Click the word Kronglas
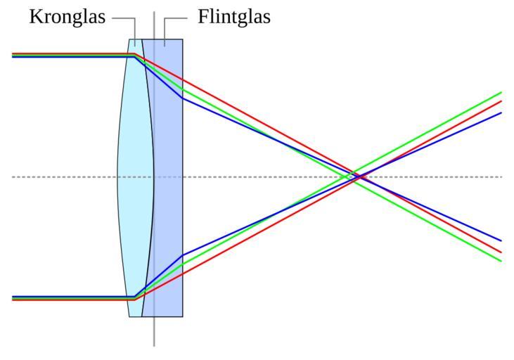click(x=68, y=17)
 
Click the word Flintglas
click(x=234, y=17)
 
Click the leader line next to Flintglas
click(x=176, y=18)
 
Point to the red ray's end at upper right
click(x=501, y=101)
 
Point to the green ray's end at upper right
click(x=501, y=92)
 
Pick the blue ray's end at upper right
click(x=501, y=112)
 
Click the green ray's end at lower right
click(x=501, y=261)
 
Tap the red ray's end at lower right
click(x=501, y=252)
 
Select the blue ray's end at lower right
click(x=501, y=240)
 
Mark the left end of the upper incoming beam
click(x=13, y=54)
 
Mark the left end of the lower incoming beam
click(x=13, y=298)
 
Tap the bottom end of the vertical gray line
click(x=154, y=345)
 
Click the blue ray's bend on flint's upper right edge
click(x=183, y=98)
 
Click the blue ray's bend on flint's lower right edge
click(x=183, y=255)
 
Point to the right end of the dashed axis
click(x=501, y=176)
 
